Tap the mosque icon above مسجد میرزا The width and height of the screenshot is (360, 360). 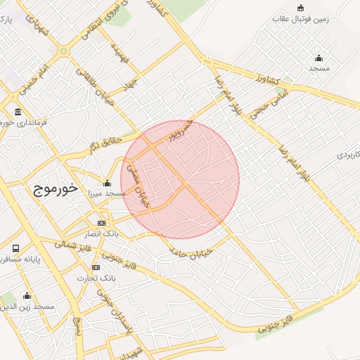(x=107, y=183)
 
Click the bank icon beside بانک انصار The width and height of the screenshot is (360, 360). (x=102, y=223)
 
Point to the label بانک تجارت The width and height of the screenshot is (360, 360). (x=96, y=278)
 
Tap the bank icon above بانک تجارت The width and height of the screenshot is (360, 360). (x=96, y=267)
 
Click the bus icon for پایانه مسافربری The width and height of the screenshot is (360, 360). (x=15, y=249)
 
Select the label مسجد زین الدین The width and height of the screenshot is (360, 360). (x=29, y=307)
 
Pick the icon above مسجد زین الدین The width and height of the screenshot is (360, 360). (x=27, y=296)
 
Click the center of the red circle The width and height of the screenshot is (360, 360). (x=180, y=180)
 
